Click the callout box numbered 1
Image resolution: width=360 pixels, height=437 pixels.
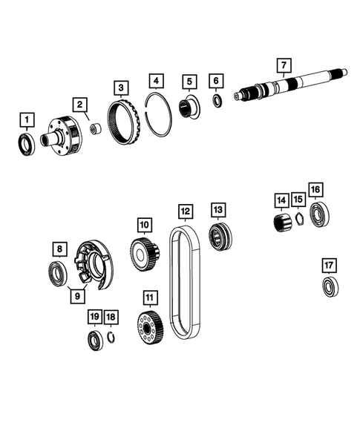pos(27,119)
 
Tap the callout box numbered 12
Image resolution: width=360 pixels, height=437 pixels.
pos(186,211)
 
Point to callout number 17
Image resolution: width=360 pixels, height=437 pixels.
pos(329,265)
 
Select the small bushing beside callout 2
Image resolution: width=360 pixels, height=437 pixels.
pos(95,130)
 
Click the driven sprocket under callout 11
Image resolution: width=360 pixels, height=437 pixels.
pos(151,327)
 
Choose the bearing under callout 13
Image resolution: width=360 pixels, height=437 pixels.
pos(219,237)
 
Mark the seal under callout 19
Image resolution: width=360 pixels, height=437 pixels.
pos(94,342)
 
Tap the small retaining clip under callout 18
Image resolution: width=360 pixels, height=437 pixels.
pos(111,339)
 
